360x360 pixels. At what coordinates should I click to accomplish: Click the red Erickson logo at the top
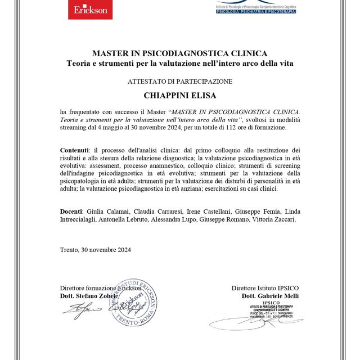(89, 10)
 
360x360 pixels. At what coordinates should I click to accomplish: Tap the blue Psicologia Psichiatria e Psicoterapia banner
(256, 11)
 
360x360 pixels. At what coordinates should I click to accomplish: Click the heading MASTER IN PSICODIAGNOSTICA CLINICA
(179, 53)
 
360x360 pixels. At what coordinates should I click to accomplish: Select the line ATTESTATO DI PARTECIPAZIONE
(179, 82)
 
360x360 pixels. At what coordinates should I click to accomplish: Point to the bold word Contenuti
(74, 150)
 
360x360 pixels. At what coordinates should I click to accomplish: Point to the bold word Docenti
(72, 211)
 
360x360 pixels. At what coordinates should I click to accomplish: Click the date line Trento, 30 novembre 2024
(95, 250)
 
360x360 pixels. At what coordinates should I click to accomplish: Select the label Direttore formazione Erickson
(97, 288)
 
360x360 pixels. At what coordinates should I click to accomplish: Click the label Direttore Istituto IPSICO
(265, 288)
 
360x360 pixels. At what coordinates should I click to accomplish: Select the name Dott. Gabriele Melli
(270, 296)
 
